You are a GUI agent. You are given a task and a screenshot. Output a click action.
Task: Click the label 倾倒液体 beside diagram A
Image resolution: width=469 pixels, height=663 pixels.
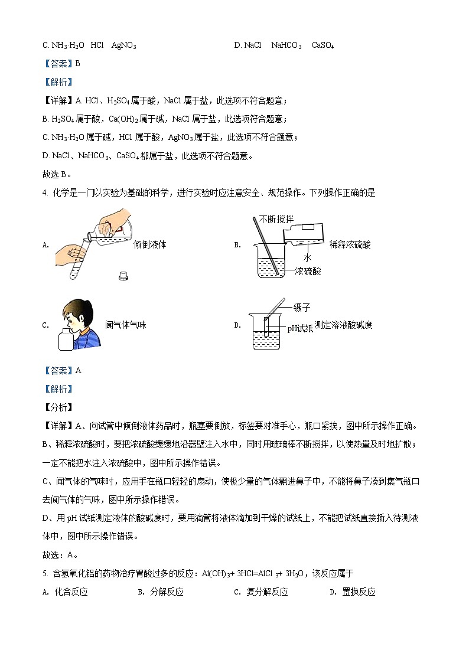click(149, 244)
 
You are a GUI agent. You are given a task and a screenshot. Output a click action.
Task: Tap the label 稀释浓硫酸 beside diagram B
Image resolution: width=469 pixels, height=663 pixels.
click(350, 244)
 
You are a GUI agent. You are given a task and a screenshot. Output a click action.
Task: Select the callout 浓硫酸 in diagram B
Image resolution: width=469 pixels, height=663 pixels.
click(308, 271)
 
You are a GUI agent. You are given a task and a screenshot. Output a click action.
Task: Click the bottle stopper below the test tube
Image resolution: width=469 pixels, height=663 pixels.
click(123, 275)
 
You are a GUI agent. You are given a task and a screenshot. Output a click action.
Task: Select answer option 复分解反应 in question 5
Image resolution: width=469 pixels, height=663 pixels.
click(267, 592)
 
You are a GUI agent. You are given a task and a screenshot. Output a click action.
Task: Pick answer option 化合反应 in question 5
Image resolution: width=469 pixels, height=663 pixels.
click(71, 592)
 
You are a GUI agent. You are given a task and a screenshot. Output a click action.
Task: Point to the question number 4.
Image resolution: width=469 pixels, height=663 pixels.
click(45, 192)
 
